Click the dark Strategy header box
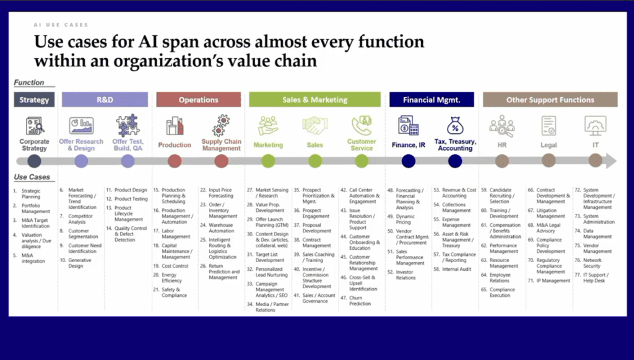(x=34, y=100)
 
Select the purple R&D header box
(x=105, y=100)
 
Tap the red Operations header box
(x=198, y=100)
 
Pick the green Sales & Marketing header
(x=315, y=100)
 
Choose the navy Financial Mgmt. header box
(x=432, y=100)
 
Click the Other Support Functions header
(x=549, y=100)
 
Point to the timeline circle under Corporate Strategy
(x=35, y=161)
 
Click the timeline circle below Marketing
(x=268, y=161)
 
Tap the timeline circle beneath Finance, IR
(x=408, y=161)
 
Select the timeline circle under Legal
(x=549, y=161)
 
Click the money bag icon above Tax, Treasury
(x=455, y=126)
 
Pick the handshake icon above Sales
(x=315, y=126)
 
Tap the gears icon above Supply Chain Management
(x=221, y=126)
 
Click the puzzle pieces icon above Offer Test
(x=128, y=126)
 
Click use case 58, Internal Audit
(x=458, y=269)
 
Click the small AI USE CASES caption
(x=61, y=25)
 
